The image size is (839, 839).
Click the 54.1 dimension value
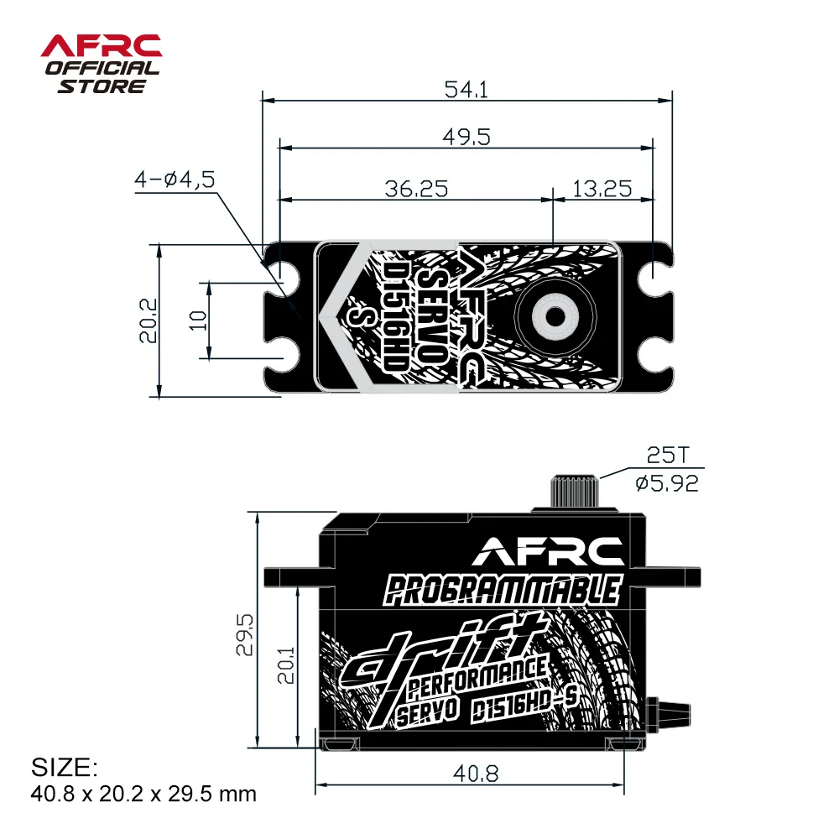(467, 89)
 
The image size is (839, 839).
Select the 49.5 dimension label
(467, 137)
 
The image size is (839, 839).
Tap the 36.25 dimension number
(416, 188)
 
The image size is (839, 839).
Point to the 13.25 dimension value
(602, 188)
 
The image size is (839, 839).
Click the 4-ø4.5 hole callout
(175, 179)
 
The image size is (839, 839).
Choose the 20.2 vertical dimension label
(149, 320)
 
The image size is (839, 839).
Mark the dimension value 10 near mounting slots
(198, 320)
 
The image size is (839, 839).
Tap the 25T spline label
(667, 456)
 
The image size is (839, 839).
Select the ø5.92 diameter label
(667, 484)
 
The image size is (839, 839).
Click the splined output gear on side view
(576, 491)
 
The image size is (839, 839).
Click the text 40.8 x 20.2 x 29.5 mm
(143, 793)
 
